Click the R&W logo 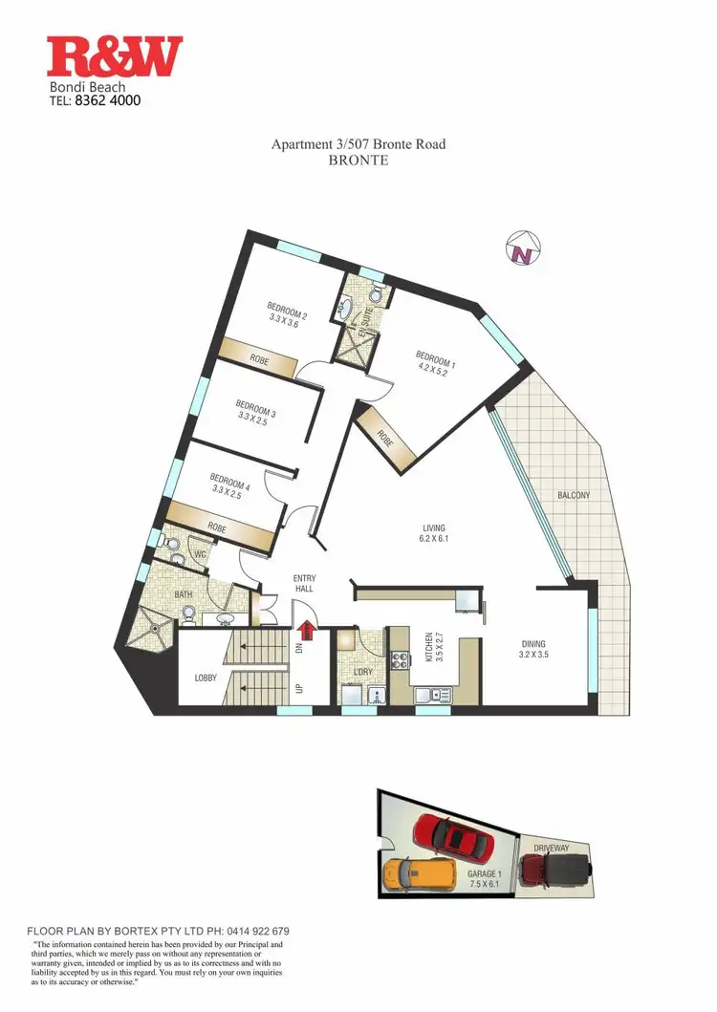(115, 56)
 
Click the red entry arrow (307, 631)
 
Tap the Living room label (435, 528)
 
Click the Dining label (532, 644)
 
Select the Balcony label (574, 495)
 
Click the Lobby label (206, 678)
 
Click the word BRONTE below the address (358, 161)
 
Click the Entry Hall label (305, 584)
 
